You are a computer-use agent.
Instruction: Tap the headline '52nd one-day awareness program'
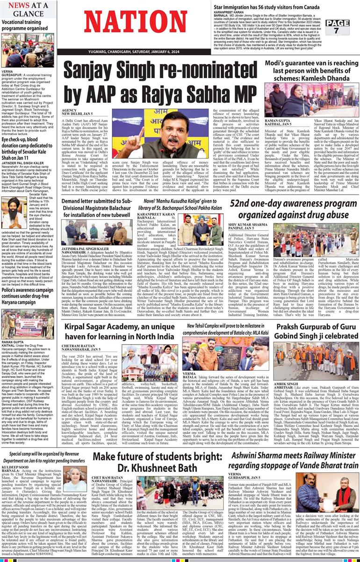tap(294, 210)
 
